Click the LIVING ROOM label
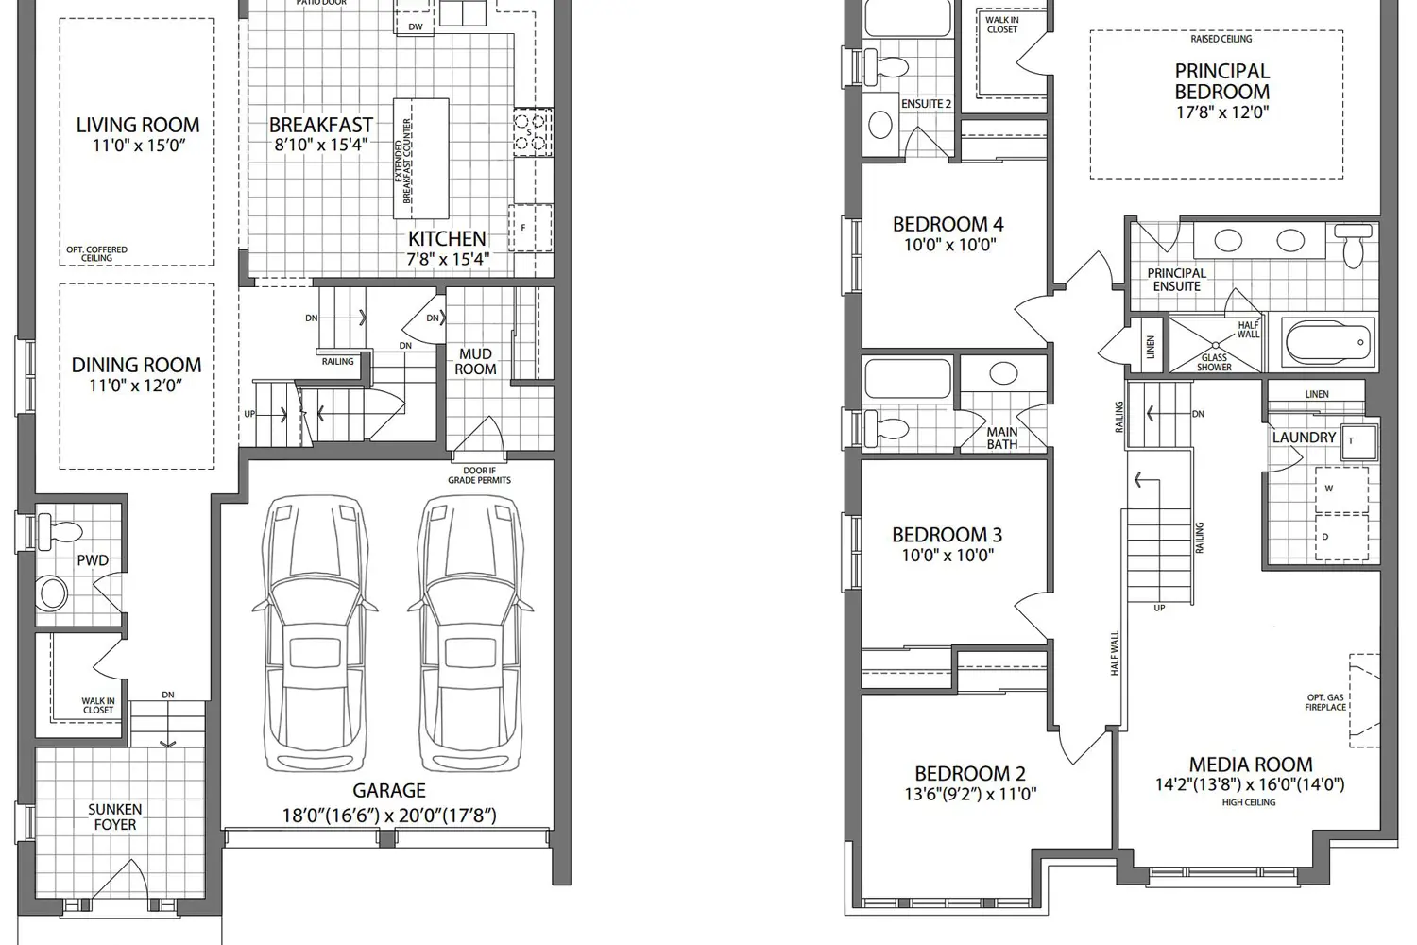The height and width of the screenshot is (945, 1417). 138,125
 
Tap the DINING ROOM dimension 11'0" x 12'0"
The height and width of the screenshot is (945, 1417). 137,386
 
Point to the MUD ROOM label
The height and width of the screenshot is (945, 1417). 475,361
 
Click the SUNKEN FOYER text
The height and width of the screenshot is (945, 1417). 114,817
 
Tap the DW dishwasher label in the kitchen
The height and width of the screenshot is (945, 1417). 416,26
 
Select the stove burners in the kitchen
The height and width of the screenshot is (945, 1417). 532,132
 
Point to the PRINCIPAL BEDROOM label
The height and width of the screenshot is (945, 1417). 1221,81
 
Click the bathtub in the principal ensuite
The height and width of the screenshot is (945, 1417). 1327,342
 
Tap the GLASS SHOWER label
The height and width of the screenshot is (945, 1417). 1214,363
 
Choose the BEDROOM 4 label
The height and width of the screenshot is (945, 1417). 948,225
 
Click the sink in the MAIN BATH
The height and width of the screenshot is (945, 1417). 1003,373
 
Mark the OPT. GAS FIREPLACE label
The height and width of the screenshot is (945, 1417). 1325,702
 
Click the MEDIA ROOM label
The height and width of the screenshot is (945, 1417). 1250,765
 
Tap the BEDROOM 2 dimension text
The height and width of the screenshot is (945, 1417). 969,795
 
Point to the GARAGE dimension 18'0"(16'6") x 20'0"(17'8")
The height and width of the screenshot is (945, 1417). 388,815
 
